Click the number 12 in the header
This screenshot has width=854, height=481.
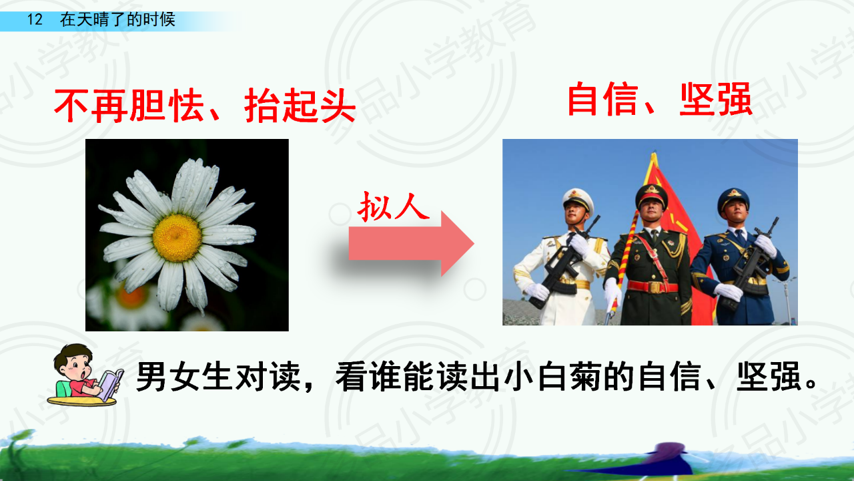click(35, 19)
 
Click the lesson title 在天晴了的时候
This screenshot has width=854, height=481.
click(117, 19)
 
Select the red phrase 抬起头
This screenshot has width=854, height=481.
click(300, 106)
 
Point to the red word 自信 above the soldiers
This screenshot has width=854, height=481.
click(602, 100)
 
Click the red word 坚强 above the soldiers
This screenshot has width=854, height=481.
click(716, 100)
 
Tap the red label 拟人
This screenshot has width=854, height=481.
click(394, 206)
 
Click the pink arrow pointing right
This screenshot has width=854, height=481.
click(412, 244)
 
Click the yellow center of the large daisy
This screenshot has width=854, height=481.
click(177, 238)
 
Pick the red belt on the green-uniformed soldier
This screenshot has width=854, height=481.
click(653, 287)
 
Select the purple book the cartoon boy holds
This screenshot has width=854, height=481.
click(110, 385)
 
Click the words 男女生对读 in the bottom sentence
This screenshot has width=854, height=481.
click(218, 377)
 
